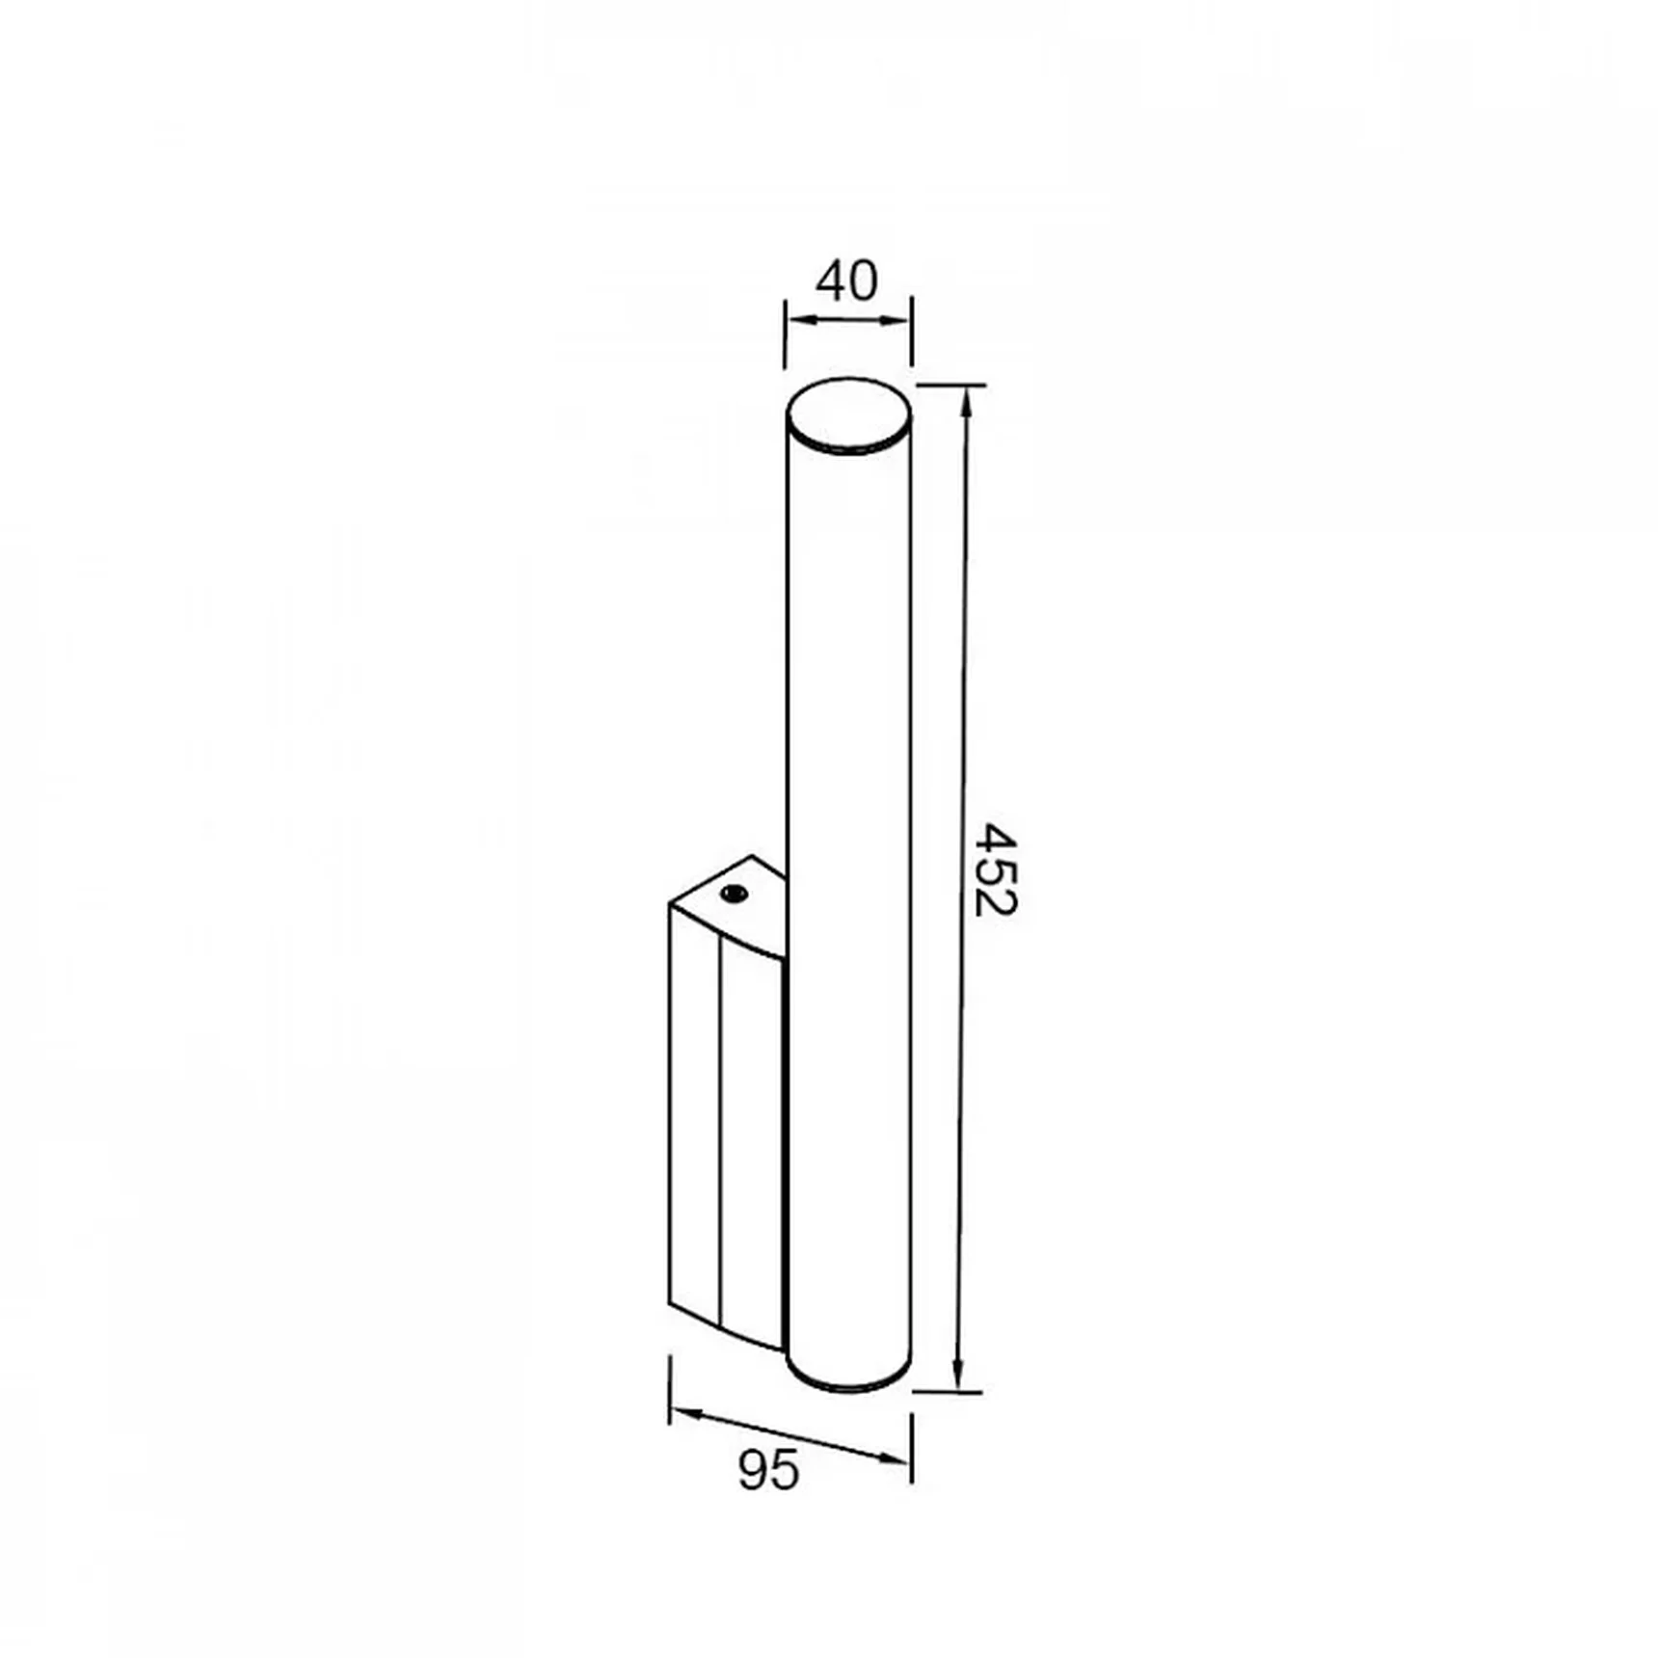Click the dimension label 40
tap(847, 281)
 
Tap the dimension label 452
tap(995, 869)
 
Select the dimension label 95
tap(768, 1470)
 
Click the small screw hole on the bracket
tap(734, 894)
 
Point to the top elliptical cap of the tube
tap(848, 414)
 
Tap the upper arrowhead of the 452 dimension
tap(967, 400)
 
